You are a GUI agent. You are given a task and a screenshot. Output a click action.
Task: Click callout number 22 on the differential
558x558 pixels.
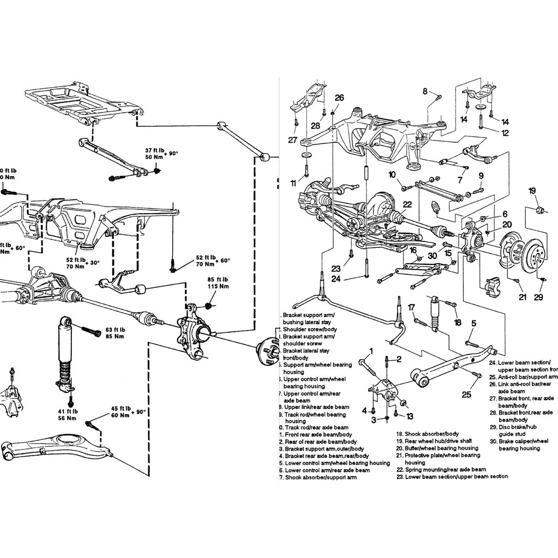coord(407,204)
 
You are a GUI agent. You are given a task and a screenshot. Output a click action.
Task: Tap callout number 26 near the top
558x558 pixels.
coord(339,98)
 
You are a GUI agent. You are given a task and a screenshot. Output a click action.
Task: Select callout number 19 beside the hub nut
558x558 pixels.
coord(532,191)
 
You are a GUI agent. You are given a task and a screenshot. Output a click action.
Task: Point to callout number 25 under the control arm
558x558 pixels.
coord(466,394)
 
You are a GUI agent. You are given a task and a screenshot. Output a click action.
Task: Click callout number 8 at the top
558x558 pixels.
coord(425,92)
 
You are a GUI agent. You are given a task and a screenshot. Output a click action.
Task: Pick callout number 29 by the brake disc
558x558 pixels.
coord(538,297)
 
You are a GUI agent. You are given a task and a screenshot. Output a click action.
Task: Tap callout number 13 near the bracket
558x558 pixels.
coord(409,416)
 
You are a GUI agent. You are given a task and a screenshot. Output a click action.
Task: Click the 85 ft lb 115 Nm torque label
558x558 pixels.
coord(217,283)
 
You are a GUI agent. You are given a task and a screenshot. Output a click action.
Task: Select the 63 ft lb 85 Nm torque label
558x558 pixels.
coord(115,333)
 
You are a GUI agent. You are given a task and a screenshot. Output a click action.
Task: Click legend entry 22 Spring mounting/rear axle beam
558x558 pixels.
coord(445,469)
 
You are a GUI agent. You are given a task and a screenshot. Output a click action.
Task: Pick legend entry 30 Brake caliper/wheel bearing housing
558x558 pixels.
coord(517,445)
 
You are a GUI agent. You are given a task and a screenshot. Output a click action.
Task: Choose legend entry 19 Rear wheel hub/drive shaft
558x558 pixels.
coord(436,441)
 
